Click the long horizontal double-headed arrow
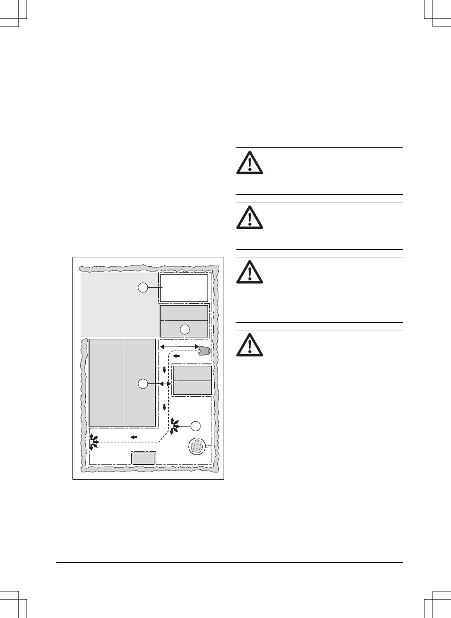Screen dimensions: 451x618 pyautogui.click(x=178, y=347)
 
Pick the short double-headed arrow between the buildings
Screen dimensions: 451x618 pyautogui.click(x=165, y=383)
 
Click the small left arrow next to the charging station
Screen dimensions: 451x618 pyautogui.click(x=176, y=356)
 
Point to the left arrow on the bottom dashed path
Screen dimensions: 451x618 pyautogui.click(x=134, y=436)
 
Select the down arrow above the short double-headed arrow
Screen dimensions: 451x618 pyautogui.click(x=164, y=370)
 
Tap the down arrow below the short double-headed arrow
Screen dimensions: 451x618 pyautogui.click(x=164, y=406)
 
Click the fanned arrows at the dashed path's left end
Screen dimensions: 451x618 pyautogui.click(x=94, y=442)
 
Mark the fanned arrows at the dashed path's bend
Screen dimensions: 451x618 pyautogui.click(x=174, y=426)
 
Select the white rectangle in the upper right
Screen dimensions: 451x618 pyautogui.click(x=184, y=288)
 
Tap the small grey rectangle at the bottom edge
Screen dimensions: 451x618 pyautogui.click(x=143, y=458)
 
